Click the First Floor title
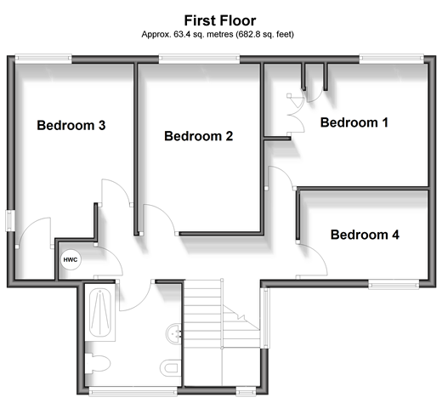tap(220, 20)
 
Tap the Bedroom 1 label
tap(354, 122)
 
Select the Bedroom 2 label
tap(199, 136)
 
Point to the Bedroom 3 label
tap(71, 125)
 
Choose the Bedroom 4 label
tap(365, 235)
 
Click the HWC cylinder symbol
tap(71, 259)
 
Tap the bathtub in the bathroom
tap(100, 312)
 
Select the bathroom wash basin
tap(173, 333)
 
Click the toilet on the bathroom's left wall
tap(98, 363)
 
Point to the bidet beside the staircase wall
tap(171, 368)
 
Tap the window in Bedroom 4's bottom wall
tap(394, 284)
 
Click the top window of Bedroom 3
tap(43, 59)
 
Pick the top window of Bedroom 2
tap(199, 59)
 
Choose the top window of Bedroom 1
tap(392, 59)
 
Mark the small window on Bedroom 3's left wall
tap(10, 220)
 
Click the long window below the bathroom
tap(133, 391)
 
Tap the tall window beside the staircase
tap(265, 318)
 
